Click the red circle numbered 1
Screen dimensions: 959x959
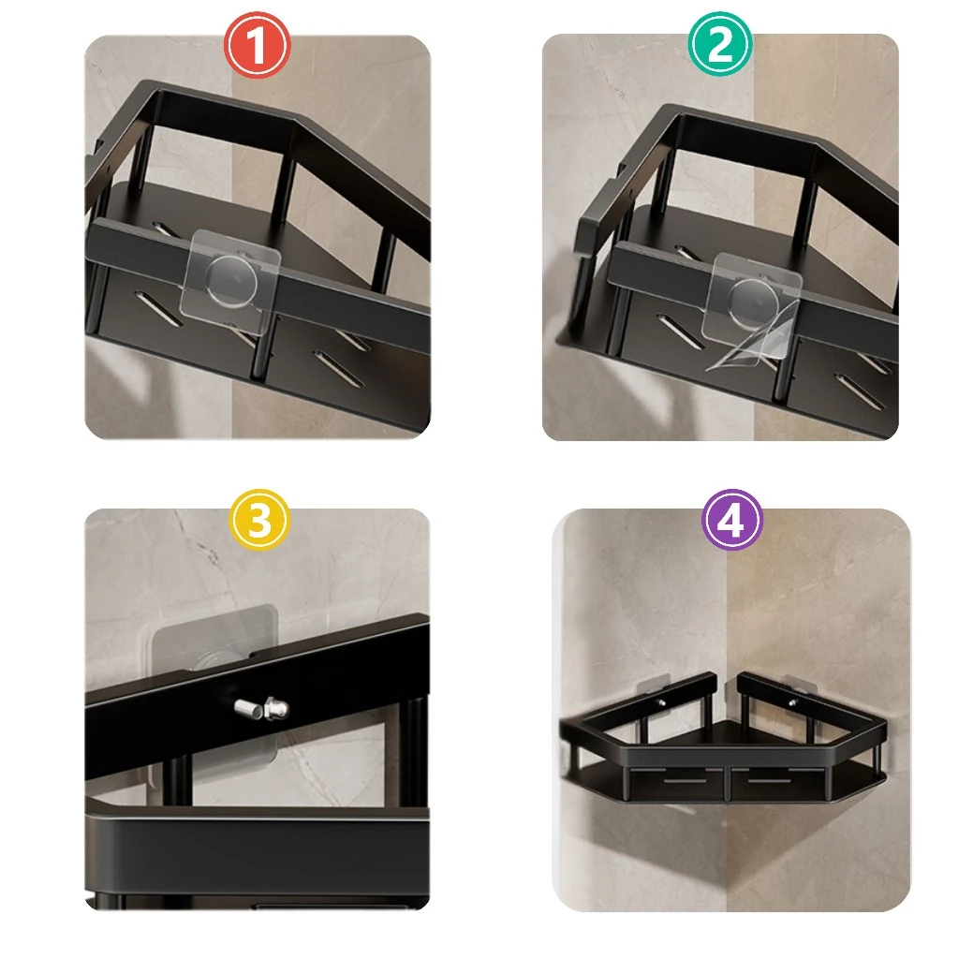(x=257, y=45)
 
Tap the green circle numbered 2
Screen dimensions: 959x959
(x=720, y=43)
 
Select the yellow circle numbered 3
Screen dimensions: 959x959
(x=259, y=520)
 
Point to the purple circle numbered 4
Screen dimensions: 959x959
(x=731, y=521)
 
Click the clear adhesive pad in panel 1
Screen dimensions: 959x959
(x=230, y=281)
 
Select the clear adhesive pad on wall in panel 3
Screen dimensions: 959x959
(x=214, y=684)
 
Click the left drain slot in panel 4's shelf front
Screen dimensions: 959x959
(x=683, y=781)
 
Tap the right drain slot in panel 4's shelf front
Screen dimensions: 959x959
(x=768, y=781)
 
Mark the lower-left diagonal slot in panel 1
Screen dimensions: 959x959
(x=158, y=310)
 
